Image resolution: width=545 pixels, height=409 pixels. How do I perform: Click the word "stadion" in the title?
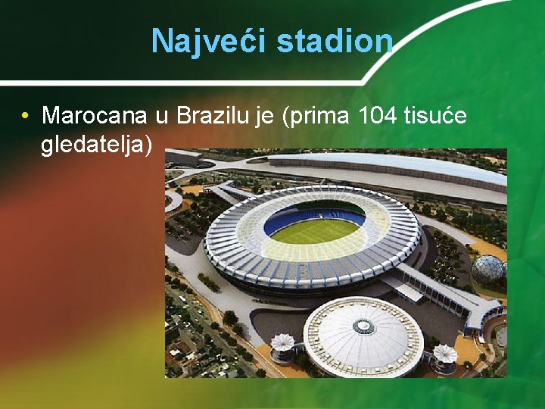tap(335, 42)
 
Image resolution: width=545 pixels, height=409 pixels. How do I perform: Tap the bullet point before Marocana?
tap(25, 116)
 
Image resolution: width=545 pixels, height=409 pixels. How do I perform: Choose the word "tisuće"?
tap(439, 116)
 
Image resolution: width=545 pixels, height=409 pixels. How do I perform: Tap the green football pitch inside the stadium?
tap(314, 230)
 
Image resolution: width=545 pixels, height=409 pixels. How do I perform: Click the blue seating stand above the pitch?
tap(314, 213)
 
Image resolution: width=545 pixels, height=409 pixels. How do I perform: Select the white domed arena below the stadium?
tap(363, 335)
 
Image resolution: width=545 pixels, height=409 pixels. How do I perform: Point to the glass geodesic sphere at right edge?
tap(488, 270)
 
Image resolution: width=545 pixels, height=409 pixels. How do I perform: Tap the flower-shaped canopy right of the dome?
tap(444, 353)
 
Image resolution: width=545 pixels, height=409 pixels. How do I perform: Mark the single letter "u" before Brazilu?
tap(160, 116)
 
